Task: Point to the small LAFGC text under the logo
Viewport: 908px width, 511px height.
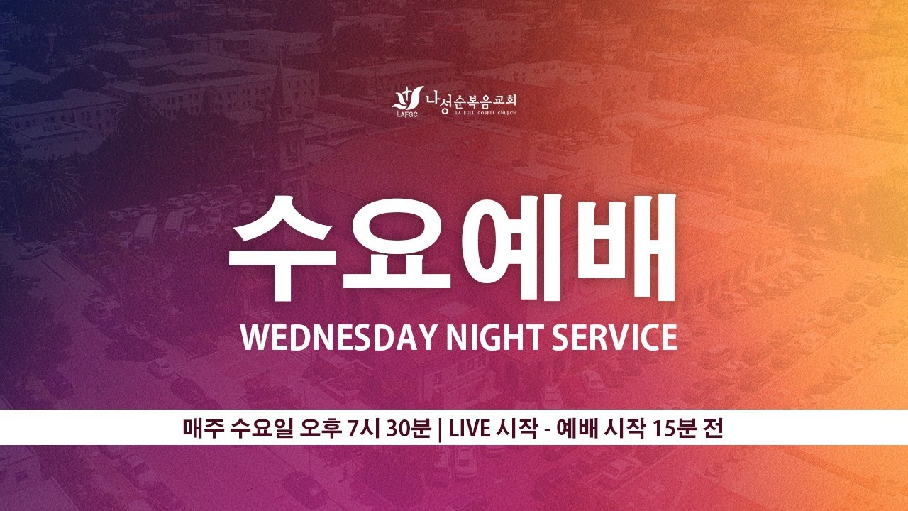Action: pyautogui.click(x=404, y=113)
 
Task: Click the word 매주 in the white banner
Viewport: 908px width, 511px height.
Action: pyautogui.click(x=202, y=428)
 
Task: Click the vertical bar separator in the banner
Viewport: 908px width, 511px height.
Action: pyautogui.click(x=441, y=428)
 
